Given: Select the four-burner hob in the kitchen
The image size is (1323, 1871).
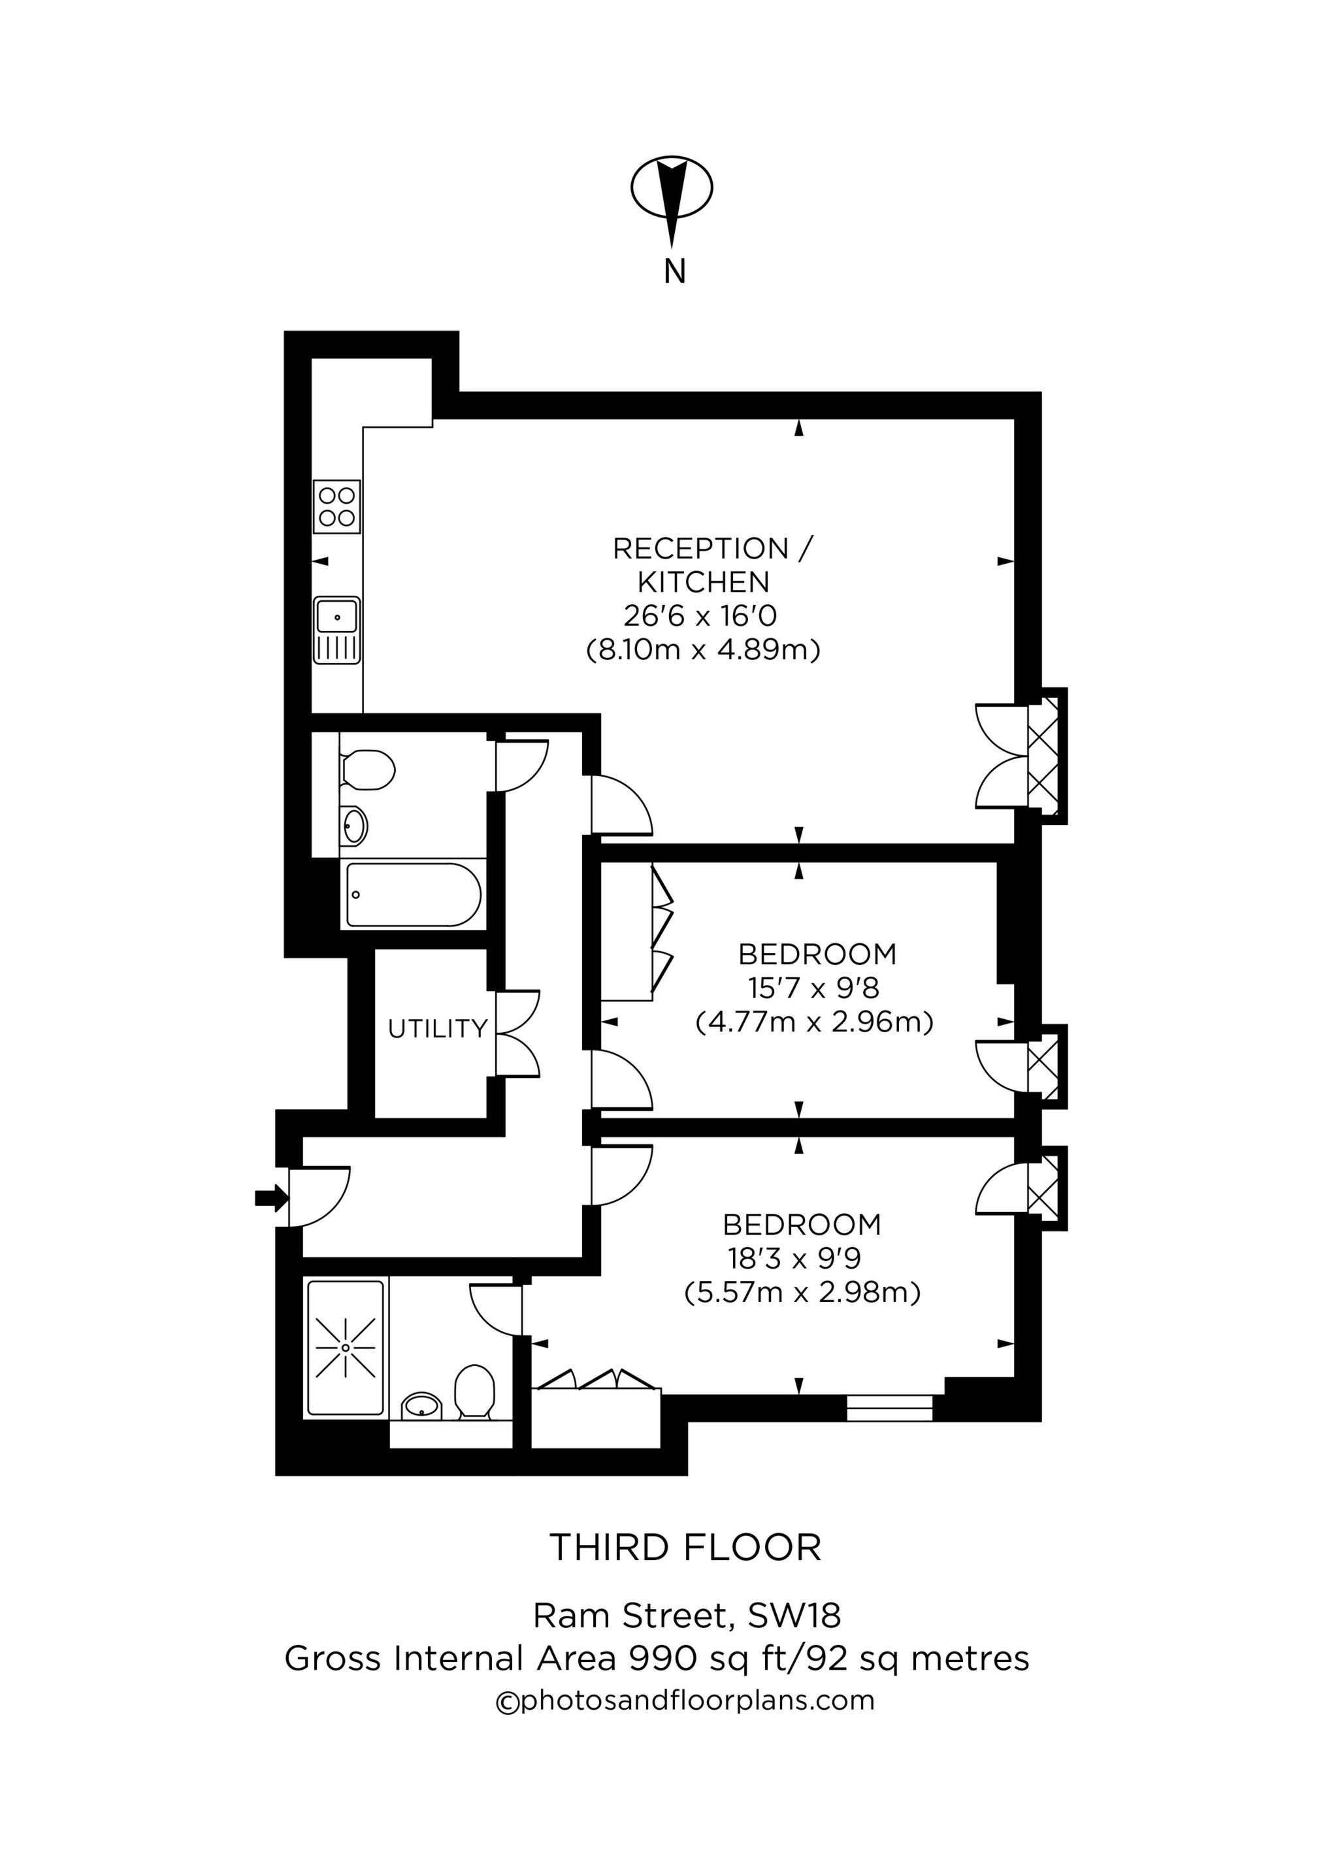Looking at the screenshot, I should (336, 506).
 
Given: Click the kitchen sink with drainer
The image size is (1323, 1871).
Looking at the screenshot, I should (336, 630).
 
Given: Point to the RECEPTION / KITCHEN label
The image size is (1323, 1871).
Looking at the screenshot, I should (711, 564).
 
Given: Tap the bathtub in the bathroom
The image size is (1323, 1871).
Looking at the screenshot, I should (414, 895).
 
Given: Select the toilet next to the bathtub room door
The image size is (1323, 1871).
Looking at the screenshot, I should (368, 768).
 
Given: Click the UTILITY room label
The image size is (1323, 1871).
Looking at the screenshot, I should (438, 1029).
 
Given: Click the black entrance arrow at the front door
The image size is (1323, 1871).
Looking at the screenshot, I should (270, 1197).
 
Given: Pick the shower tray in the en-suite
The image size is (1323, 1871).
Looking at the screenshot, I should (346, 1348).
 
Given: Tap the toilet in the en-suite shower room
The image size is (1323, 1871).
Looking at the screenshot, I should (474, 1393).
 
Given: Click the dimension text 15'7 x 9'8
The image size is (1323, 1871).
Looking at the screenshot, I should (813, 988).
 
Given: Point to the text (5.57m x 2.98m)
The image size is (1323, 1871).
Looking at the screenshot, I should (802, 1292).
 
